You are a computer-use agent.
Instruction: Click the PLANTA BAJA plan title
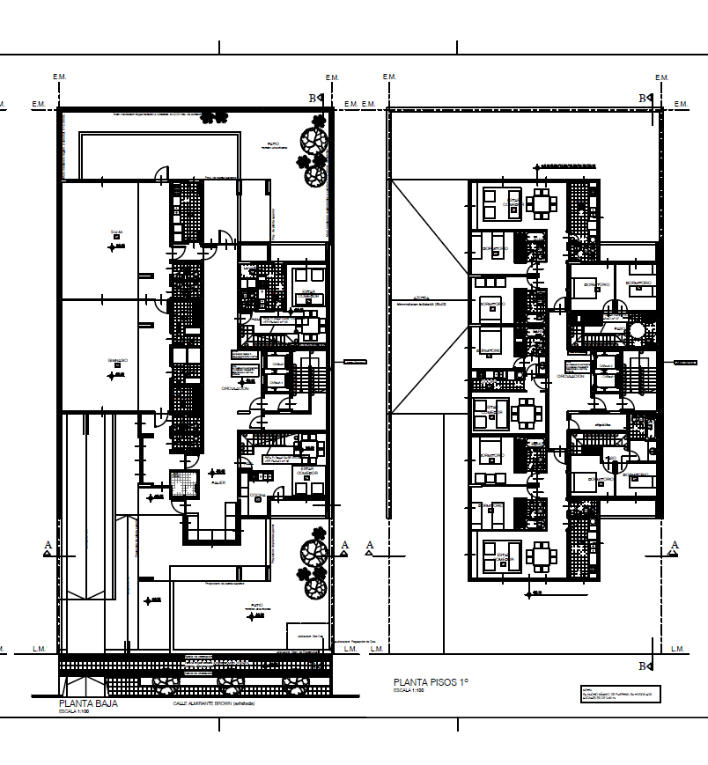[88, 703]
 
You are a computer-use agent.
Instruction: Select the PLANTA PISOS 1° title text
[431, 682]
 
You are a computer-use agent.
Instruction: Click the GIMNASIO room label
[118, 361]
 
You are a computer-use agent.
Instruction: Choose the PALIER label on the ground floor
[218, 483]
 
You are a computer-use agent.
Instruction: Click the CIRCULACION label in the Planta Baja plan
[235, 388]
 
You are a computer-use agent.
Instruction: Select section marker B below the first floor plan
[643, 666]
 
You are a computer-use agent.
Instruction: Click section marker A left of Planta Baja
[48, 546]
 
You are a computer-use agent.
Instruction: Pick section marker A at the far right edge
[675, 545]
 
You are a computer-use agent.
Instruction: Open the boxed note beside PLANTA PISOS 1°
[616, 694]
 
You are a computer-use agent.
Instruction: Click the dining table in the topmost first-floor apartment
[541, 204]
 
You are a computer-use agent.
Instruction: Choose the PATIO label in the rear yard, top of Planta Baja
[275, 143]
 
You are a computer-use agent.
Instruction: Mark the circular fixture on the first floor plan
[636, 330]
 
